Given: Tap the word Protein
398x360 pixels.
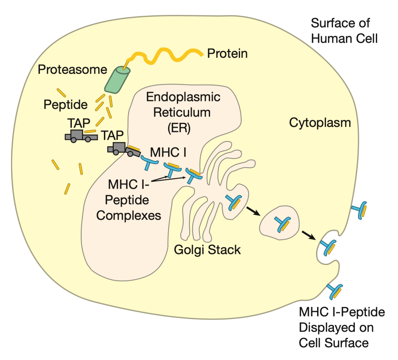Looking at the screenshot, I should (x=227, y=54).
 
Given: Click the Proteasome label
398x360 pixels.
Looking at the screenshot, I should (x=72, y=69).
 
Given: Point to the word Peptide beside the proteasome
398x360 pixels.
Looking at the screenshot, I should (x=66, y=105).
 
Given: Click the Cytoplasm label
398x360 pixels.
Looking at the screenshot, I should (x=320, y=122).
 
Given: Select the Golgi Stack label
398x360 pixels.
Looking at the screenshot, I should (x=207, y=250).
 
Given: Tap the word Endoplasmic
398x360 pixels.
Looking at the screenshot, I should (x=183, y=97).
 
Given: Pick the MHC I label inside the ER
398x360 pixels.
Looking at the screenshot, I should (x=166, y=151).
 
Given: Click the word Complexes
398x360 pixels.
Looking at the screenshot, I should (x=129, y=215).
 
